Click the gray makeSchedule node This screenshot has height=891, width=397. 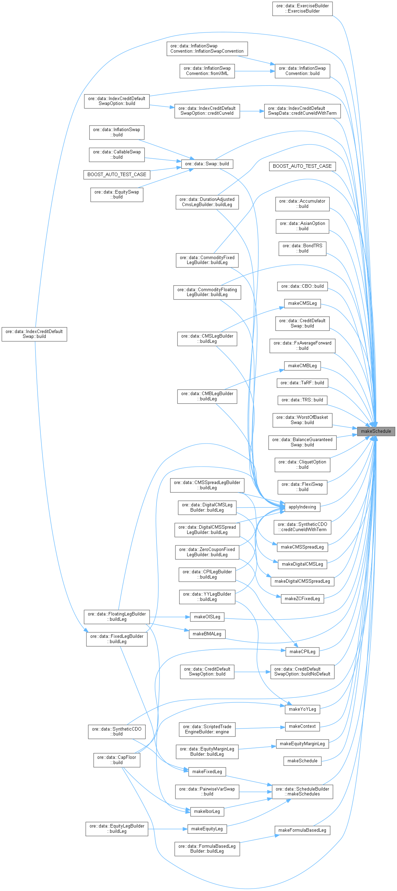point(376,431)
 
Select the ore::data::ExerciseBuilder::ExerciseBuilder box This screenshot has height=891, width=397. point(302,8)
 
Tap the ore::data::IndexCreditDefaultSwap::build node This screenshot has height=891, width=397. point(34,334)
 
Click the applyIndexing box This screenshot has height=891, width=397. point(302,507)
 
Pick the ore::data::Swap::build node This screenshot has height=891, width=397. point(207,164)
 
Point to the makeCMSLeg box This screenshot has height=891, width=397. point(302,303)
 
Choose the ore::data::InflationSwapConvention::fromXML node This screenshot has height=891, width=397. point(207,71)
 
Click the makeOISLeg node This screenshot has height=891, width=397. point(207,617)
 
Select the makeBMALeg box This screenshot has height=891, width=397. point(207,634)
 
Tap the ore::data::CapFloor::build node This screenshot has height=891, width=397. point(117,760)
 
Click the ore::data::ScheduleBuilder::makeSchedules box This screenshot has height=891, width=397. point(302,791)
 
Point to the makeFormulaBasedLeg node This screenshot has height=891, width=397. point(302,830)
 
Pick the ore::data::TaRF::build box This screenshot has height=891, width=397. point(302,383)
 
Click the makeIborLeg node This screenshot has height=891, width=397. point(207,811)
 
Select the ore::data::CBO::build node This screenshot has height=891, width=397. point(302,286)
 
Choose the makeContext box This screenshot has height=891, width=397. point(302,726)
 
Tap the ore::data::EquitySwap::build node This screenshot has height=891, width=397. point(117,195)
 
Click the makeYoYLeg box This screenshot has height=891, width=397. point(302,709)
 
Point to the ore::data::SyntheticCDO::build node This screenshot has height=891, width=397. point(117,731)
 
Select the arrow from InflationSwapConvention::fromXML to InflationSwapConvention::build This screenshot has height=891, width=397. point(254,71)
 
